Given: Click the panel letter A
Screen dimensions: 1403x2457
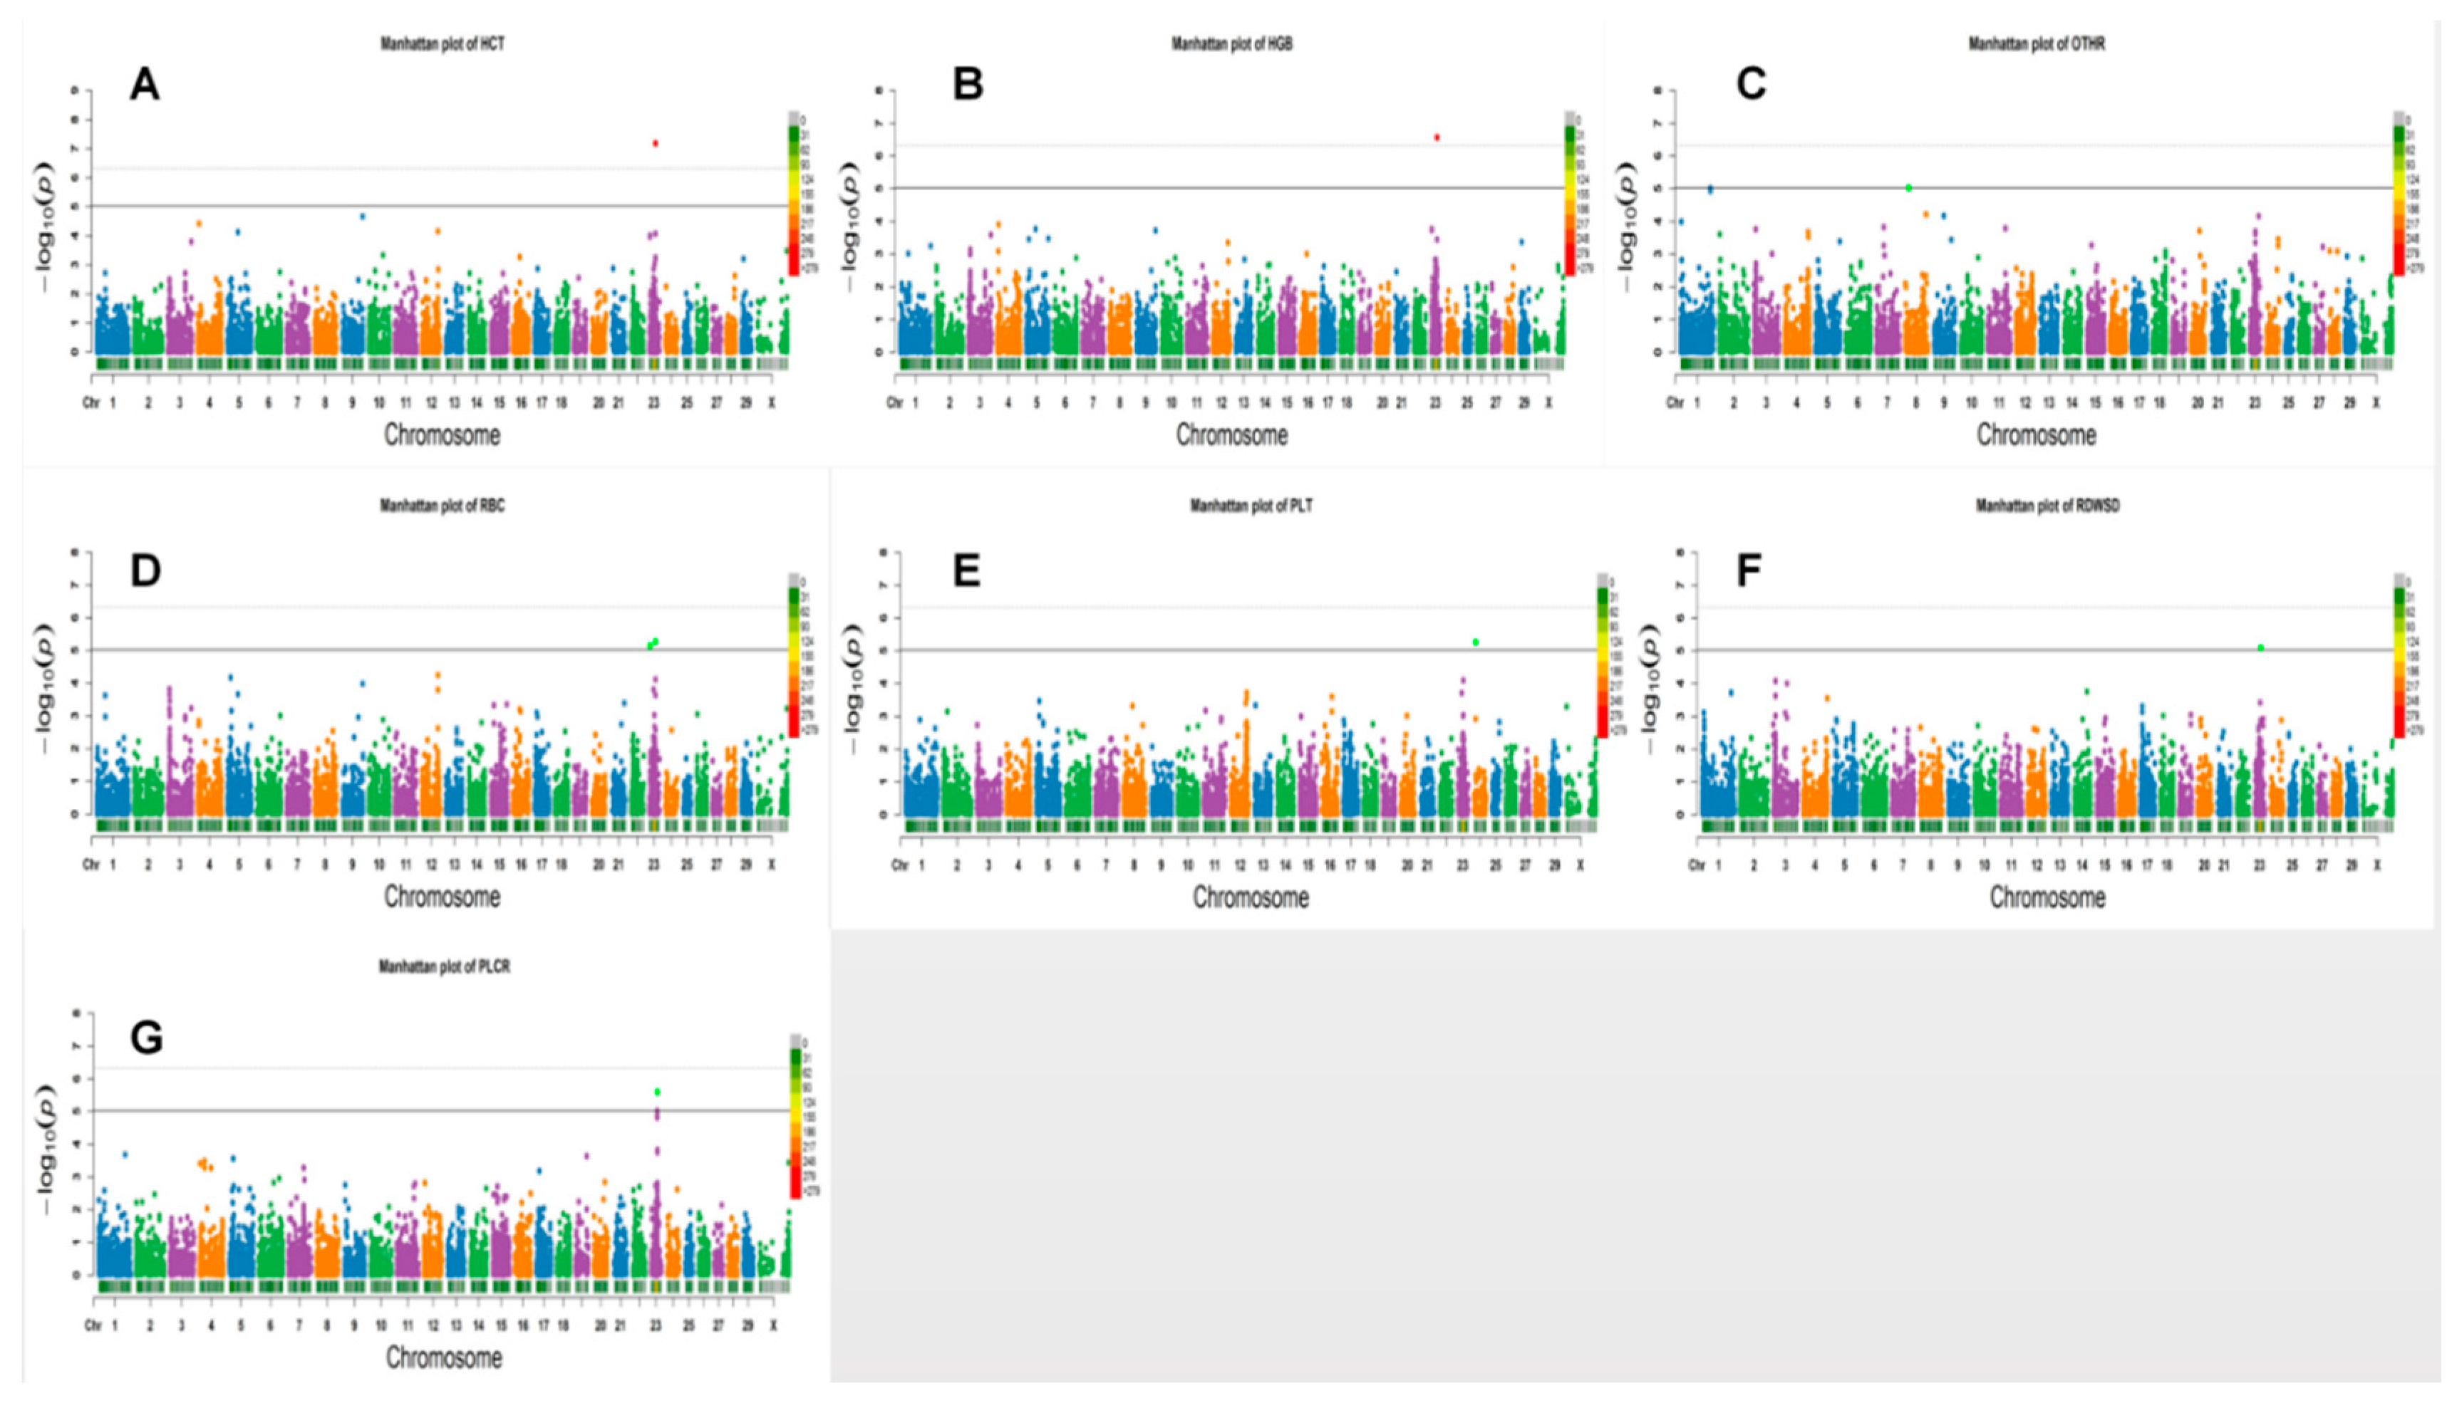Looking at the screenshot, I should click(x=145, y=85).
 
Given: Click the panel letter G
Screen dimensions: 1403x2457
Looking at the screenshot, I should click(x=147, y=1040).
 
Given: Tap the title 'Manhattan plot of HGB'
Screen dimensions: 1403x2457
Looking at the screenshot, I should click(x=1232, y=44).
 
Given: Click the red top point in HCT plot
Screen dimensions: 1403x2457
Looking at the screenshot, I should click(x=656, y=144).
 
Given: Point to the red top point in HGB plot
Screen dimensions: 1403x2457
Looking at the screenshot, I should click(x=1437, y=137).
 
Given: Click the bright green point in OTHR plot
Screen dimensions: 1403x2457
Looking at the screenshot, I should click(x=1908, y=188).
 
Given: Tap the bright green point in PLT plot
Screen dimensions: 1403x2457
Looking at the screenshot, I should click(x=1476, y=642).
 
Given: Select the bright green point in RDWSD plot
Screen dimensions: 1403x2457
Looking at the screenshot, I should click(x=2260, y=647).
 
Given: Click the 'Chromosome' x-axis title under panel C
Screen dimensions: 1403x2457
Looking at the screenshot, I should click(x=2036, y=436).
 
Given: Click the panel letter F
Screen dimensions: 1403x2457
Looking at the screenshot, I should click(x=1749, y=571).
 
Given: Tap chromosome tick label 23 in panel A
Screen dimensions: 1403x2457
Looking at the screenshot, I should click(x=653, y=404).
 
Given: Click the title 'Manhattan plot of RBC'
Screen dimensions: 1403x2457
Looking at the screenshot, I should click(x=443, y=506).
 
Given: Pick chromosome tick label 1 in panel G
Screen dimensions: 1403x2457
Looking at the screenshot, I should click(x=115, y=1326).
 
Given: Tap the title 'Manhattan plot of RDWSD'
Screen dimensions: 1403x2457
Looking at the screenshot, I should click(x=2047, y=506).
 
